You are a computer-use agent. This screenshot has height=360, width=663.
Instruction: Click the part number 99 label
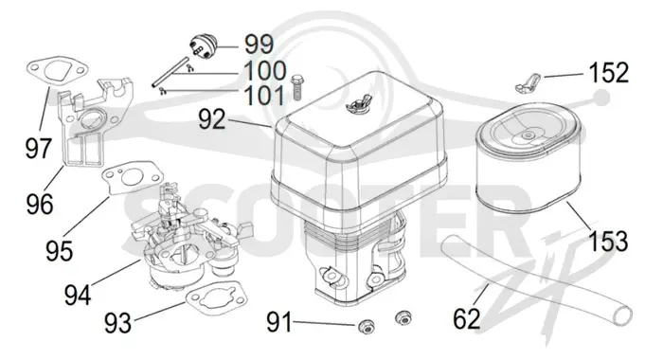click(259, 44)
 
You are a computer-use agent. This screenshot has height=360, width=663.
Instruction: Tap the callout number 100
click(265, 71)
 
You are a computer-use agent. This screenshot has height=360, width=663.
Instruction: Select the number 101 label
click(264, 96)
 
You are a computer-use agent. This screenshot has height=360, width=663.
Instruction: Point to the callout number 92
click(212, 119)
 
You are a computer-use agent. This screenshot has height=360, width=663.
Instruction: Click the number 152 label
click(608, 73)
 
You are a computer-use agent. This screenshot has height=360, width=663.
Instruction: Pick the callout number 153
click(608, 242)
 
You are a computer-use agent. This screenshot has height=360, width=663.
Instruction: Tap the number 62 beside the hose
click(467, 319)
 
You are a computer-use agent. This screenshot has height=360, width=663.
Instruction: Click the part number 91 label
click(279, 323)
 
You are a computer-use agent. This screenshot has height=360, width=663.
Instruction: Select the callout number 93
click(118, 323)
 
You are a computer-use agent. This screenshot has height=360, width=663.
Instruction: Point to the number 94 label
click(78, 295)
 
